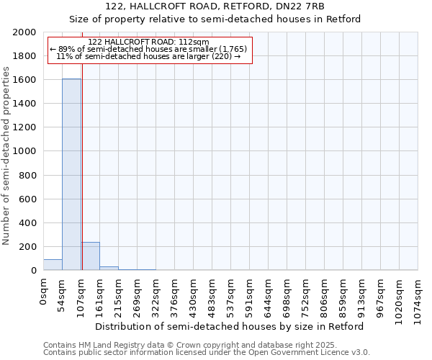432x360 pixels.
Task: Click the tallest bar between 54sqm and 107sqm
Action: pos(71,174)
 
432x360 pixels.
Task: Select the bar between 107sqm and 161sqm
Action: pos(90,256)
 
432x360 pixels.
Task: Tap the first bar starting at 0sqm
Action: pos(53,265)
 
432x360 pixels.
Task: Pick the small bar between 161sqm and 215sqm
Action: pos(109,268)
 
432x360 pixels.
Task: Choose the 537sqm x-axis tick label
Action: pos(231,296)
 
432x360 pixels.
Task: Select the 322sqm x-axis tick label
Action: pos(156,296)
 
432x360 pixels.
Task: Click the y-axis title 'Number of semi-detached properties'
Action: pos(6,156)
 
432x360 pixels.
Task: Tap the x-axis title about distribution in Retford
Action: pos(230,326)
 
